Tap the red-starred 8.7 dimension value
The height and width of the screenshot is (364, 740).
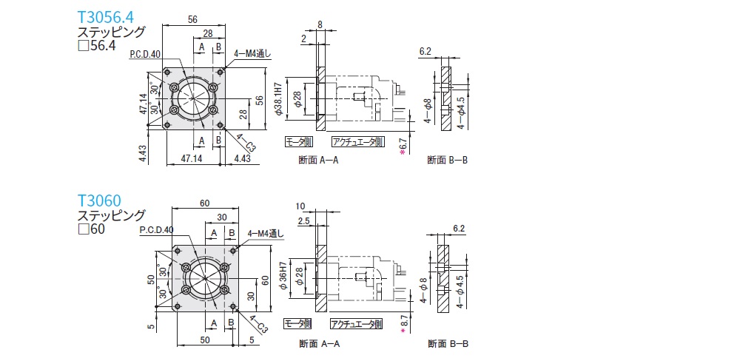click(x=403, y=323)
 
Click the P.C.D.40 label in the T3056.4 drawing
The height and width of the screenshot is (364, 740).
click(x=145, y=55)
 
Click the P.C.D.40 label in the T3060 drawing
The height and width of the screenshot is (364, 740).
click(x=156, y=231)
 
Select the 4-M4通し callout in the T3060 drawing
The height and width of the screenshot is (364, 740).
click(x=266, y=233)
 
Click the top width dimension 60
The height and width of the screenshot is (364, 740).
click(x=205, y=203)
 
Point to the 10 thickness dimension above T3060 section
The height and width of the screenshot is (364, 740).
click(x=300, y=206)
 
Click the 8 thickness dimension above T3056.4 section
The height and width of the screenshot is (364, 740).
click(x=319, y=24)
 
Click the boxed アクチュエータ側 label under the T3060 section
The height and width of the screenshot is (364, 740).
click(x=357, y=323)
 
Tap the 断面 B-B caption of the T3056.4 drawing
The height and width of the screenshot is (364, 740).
click(x=448, y=160)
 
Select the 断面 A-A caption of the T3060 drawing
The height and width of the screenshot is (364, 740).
click(x=320, y=344)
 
